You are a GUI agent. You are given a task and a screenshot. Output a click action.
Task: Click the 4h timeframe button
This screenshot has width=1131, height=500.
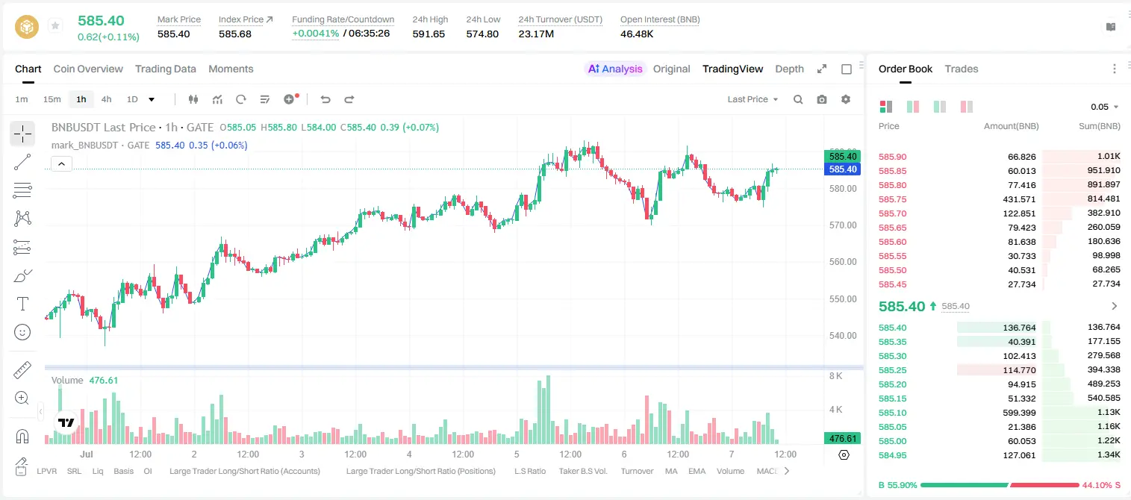(106, 99)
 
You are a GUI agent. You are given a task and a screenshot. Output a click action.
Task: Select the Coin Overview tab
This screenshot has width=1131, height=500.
(88, 69)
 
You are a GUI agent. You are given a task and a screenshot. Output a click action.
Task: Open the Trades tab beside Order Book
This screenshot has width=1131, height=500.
(961, 69)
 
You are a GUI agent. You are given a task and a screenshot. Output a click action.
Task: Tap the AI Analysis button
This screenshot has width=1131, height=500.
(615, 69)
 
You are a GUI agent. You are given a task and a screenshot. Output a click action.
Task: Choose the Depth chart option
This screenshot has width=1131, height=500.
(789, 69)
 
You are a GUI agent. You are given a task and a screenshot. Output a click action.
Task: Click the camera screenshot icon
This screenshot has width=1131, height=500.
(821, 99)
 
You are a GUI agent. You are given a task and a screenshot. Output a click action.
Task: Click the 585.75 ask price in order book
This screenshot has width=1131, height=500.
(892, 199)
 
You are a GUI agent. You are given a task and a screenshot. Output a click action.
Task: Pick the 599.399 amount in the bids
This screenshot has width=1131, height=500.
(1019, 413)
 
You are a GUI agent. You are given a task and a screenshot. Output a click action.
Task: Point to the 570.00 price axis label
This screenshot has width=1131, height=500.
(843, 225)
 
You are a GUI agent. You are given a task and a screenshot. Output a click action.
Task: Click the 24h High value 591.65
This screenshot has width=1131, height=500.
(429, 34)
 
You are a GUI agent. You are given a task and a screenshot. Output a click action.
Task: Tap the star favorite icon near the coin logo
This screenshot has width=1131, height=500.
(55, 25)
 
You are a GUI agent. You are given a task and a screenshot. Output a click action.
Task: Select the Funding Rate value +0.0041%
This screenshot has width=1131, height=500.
(316, 34)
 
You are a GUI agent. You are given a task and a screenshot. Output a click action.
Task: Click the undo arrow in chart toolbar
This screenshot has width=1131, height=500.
(325, 99)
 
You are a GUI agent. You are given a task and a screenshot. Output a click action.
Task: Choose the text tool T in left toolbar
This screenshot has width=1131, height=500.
(22, 304)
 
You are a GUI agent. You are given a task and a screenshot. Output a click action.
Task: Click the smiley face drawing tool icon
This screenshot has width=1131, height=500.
(22, 332)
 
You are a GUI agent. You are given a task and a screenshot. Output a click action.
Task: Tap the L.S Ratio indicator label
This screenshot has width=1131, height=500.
(529, 471)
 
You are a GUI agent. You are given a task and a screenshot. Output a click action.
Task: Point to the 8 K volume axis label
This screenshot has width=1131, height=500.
(835, 376)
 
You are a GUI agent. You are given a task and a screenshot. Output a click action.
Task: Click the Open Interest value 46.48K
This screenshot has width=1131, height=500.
(637, 34)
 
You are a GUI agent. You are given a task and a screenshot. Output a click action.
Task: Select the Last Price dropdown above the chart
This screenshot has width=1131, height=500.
(753, 99)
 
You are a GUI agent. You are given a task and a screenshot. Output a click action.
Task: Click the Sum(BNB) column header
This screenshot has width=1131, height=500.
(1099, 126)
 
